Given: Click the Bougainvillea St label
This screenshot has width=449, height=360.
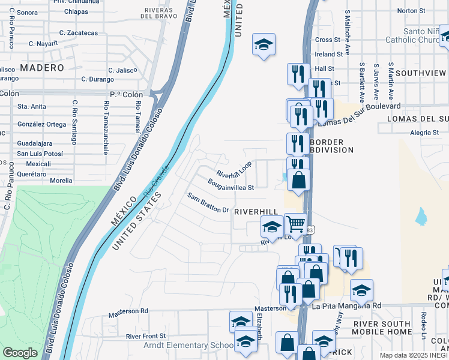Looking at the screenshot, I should click(231, 184).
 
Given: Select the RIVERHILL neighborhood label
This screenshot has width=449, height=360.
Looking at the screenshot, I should click(256, 212).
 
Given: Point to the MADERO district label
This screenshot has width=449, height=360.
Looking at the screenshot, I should click(42, 68).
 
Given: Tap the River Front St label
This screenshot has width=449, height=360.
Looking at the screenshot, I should click(145, 336).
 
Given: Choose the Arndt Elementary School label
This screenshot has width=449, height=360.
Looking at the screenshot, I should click(180, 346).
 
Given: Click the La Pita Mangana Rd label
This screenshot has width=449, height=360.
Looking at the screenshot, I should click(346, 305).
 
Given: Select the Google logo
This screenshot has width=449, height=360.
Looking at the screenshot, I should click(20, 353).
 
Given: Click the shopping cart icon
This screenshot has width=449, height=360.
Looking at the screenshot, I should click(295, 224).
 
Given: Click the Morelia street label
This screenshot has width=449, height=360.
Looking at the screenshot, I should click(61, 180).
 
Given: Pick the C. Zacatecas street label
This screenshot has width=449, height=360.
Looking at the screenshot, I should click(79, 32).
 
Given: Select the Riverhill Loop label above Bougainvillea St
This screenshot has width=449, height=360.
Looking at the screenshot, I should click(234, 170).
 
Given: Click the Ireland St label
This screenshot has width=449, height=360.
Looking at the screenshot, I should click(328, 54).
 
